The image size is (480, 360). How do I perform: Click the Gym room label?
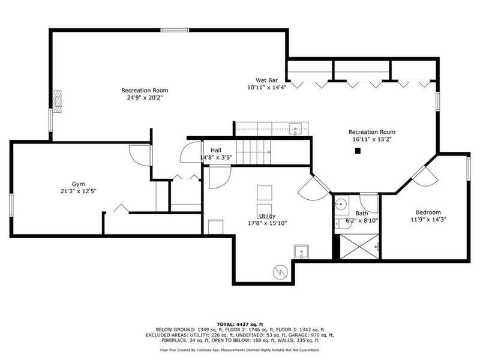tap(79, 184)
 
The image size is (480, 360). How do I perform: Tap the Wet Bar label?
tap(266, 80)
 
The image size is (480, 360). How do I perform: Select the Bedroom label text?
tap(428, 212)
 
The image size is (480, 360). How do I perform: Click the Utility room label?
tap(267, 216)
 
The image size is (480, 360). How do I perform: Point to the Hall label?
tap(216, 151)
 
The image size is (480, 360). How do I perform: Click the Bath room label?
tap(362, 213)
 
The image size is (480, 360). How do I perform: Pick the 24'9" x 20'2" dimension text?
tap(145, 98)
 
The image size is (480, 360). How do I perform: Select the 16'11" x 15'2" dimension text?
tap(372, 139)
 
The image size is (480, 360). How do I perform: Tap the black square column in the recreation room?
tap(358, 151)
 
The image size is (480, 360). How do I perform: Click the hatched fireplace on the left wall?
tap(56, 101)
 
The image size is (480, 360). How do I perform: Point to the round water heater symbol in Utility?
tap(280, 272)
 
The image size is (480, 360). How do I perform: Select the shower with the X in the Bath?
tap(359, 247)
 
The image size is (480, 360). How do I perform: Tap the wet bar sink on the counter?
tap(295, 129)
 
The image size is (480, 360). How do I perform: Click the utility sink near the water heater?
tap(301, 251)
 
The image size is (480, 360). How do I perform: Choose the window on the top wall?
tap(175, 30)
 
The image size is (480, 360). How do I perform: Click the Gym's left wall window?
tap(11, 205)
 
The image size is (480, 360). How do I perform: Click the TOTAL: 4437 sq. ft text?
tap(240, 324)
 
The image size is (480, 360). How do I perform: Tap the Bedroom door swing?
tap(425, 176)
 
